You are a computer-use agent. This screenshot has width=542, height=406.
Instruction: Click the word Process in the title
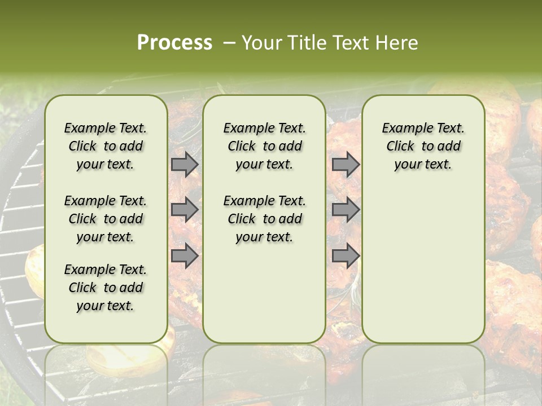click(174, 43)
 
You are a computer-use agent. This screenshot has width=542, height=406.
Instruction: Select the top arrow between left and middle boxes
click(185, 165)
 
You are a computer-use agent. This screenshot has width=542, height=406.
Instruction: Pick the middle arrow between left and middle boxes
click(185, 210)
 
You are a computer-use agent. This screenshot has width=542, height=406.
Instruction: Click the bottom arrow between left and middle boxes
click(185, 255)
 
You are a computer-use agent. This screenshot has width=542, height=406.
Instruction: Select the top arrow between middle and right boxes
click(346, 165)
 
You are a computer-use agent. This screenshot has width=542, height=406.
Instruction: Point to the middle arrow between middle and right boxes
click(346, 210)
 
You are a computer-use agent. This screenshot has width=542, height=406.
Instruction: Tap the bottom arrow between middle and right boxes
click(346, 255)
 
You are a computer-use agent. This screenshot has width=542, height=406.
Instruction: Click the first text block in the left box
click(106, 146)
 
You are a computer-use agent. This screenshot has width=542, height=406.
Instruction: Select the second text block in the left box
click(106, 219)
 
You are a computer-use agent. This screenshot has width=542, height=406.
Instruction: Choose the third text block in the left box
click(106, 288)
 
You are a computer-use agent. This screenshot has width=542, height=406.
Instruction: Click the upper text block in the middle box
click(264, 146)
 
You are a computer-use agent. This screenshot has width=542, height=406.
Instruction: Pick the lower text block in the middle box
click(264, 219)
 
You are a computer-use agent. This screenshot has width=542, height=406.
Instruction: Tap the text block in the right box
click(423, 146)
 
